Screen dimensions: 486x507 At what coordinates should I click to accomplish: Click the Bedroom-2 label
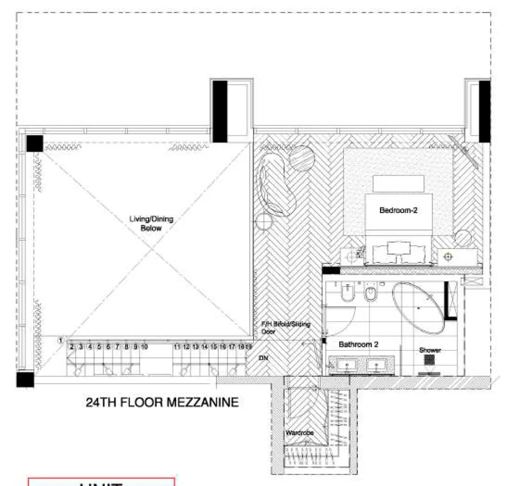pyautogui.click(x=398, y=210)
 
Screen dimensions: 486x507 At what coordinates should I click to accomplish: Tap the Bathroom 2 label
pyautogui.click(x=358, y=344)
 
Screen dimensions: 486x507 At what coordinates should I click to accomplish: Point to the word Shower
pyautogui.click(x=430, y=350)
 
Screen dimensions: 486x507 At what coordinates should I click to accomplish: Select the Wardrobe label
pyautogui.click(x=300, y=433)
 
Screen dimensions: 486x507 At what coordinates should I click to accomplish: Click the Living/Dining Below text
pyautogui.click(x=151, y=224)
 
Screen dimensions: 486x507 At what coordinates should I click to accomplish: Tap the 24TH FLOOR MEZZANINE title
pyautogui.click(x=162, y=402)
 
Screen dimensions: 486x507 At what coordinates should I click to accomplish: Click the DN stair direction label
pyautogui.click(x=263, y=358)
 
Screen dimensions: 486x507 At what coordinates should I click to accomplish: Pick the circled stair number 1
pyautogui.click(x=61, y=340)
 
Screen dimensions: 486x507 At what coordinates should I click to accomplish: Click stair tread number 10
pyautogui.click(x=144, y=347)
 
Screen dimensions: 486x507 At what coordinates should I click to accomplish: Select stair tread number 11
pyautogui.click(x=177, y=347)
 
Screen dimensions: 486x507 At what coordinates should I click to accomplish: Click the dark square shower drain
pyautogui.click(x=429, y=360)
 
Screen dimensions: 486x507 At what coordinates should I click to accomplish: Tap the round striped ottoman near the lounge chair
pyautogui.click(x=302, y=158)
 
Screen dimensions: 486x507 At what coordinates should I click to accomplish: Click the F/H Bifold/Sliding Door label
pyautogui.click(x=285, y=327)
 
